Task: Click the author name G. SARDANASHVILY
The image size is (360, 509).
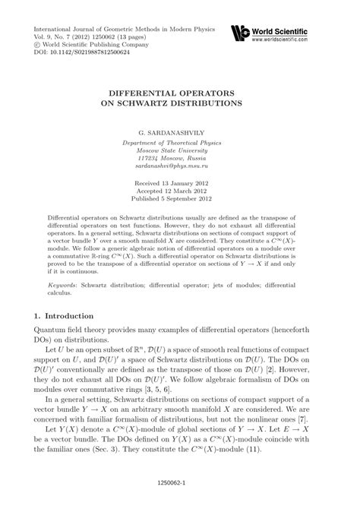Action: [180, 131]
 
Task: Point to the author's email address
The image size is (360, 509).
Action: [180, 173]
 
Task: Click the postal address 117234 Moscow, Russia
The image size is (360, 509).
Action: [180, 162]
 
